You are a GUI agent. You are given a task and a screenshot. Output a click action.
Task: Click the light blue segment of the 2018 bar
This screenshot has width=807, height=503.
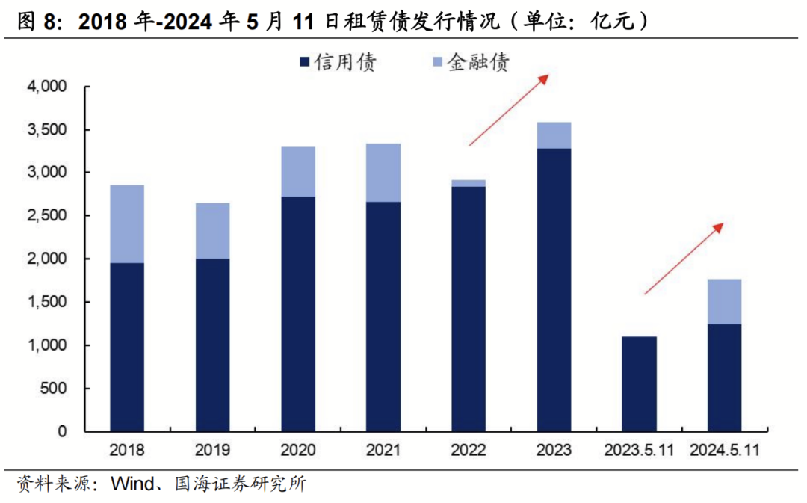click(x=126, y=223)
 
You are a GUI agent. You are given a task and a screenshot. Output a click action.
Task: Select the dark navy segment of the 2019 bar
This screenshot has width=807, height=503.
click(x=212, y=345)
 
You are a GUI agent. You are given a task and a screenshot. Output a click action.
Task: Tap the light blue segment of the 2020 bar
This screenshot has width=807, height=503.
click(x=297, y=172)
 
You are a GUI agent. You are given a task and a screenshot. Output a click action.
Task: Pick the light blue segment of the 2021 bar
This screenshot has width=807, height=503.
click(x=383, y=173)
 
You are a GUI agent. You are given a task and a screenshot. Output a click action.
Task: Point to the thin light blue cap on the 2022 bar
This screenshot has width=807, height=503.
click(x=469, y=183)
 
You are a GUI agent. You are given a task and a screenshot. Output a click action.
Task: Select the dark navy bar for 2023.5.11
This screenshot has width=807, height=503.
click(x=639, y=383)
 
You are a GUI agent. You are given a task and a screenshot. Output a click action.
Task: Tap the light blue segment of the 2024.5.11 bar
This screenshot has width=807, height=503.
click(x=724, y=301)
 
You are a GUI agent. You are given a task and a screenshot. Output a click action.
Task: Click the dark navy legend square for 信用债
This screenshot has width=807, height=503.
click(x=304, y=63)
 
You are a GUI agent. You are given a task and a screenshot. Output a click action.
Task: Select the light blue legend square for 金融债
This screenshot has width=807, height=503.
click(x=437, y=63)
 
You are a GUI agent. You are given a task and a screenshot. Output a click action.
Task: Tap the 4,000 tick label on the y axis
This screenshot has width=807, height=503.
click(x=47, y=87)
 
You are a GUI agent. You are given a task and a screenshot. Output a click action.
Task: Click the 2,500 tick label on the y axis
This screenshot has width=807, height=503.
click(x=47, y=216)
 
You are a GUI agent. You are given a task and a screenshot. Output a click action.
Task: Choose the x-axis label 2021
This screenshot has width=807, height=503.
click(x=383, y=451)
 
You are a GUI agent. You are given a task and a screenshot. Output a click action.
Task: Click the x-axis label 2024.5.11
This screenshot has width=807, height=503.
click(x=725, y=451)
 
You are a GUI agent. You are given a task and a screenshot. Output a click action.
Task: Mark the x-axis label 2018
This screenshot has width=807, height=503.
click(x=127, y=451)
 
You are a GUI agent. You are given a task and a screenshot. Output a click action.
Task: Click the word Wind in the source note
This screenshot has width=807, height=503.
click(x=132, y=484)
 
